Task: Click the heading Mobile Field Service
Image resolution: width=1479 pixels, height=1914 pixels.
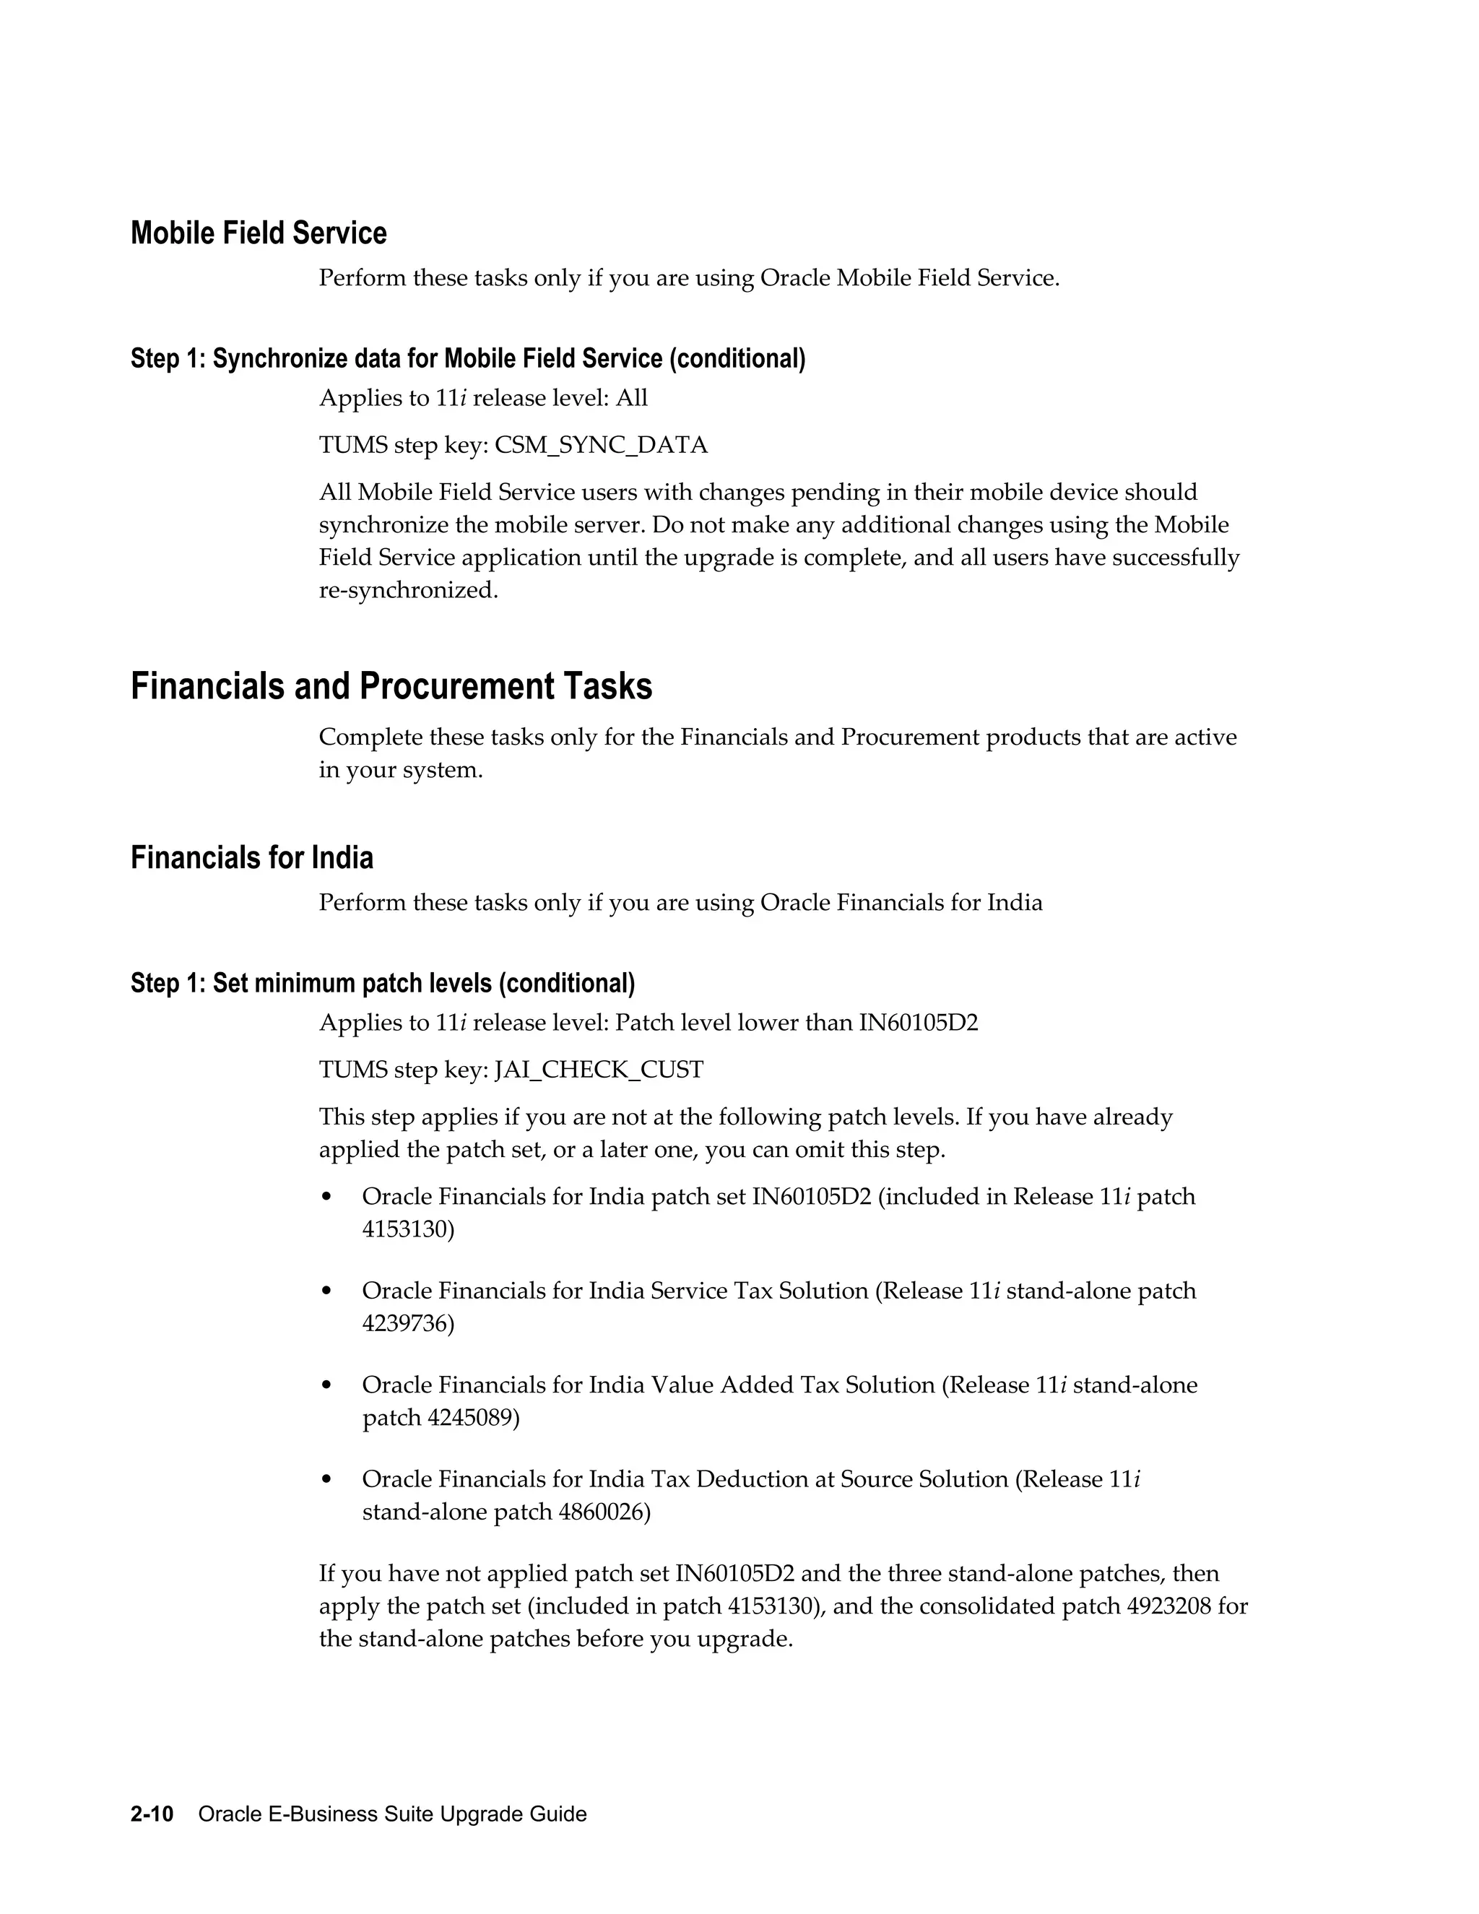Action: tap(259, 233)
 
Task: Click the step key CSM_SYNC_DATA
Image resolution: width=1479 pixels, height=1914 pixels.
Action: tap(600, 445)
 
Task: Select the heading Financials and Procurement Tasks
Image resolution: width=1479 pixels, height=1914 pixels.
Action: tap(391, 686)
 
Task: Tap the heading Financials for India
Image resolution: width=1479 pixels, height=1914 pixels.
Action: tap(251, 857)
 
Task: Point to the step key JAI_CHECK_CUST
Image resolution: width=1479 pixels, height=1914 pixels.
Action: tap(599, 1070)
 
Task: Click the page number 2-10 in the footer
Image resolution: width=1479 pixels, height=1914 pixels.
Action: tap(152, 1814)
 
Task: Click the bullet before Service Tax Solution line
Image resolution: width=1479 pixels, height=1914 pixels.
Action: tap(327, 1291)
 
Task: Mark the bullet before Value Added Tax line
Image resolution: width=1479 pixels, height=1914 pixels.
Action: tap(327, 1385)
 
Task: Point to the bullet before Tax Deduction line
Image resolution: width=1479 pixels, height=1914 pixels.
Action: tap(327, 1480)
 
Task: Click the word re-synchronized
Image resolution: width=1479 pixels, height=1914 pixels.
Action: tap(407, 590)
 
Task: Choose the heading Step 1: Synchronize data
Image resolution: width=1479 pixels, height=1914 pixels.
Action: tap(468, 358)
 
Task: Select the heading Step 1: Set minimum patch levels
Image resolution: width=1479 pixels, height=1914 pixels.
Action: tap(382, 983)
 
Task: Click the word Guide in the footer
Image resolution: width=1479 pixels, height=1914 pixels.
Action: tap(558, 1814)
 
